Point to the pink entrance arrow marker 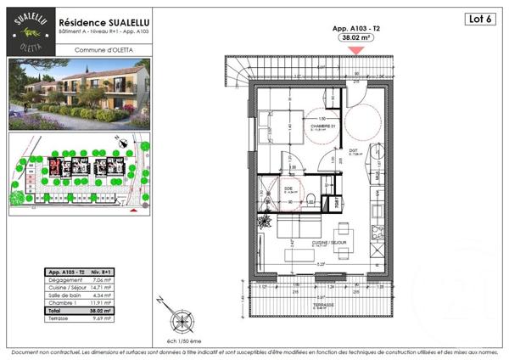pyautogui.click(x=357, y=50)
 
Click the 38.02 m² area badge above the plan pyautogui.click(x=357, y=38)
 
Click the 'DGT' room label pyautogui.click(x=355, y=152)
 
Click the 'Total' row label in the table pyautogui.click(x=56, y=311)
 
